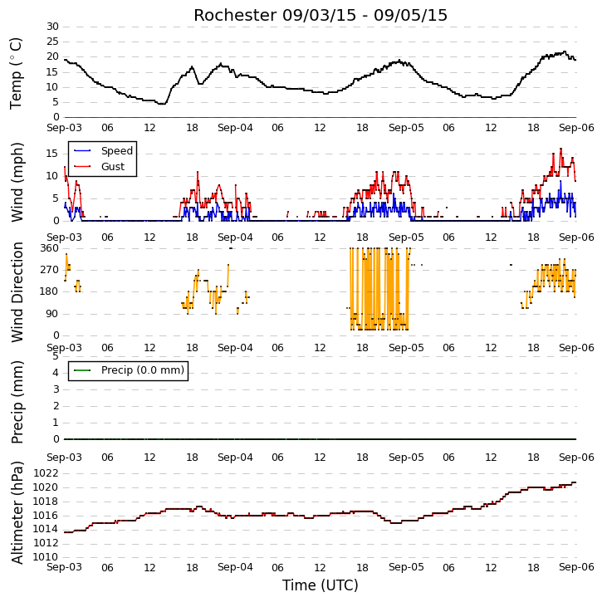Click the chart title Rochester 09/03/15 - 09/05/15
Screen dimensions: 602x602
point(321,15)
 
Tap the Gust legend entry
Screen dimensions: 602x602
point(100,167)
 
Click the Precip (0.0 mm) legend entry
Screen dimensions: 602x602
point(129,370)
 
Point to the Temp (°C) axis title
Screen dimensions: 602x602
point(16,73)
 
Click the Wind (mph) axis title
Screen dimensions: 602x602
point(17,182)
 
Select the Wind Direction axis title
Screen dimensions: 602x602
point(17,291)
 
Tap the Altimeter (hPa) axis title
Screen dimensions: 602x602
point(17,512)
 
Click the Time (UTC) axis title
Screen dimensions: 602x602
point(321,585)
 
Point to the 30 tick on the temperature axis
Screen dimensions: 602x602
point(52,27)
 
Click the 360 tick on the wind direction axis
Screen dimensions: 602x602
point(50,248)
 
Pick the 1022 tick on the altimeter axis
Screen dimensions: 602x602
point(46,473)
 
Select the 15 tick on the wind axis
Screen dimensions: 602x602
point(52,154)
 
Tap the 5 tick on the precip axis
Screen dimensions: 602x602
point(56,356)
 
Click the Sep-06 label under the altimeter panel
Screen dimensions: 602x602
point(576,567)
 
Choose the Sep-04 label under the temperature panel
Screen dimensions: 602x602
point(235,128)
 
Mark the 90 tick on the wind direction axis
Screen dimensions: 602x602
point(52,314)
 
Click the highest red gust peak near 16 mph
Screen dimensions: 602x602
point(561,149)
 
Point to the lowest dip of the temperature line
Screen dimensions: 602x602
point(162,104)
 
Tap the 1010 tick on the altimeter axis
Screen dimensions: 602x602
point(46,556)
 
